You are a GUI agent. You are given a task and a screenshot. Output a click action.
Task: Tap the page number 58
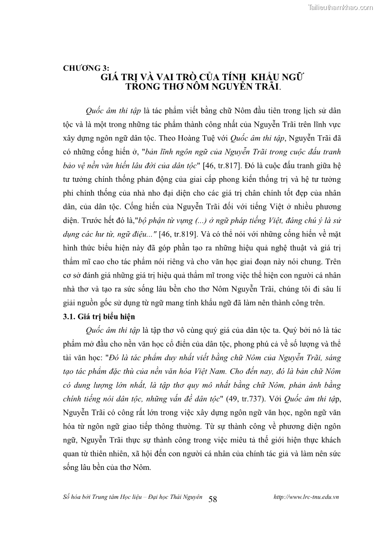tap(213, 499)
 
